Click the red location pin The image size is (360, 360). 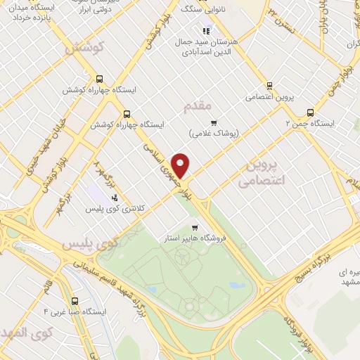coord(181,165)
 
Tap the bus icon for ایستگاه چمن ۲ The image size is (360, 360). coord(310,112)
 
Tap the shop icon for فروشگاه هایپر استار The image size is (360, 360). coord(195,227)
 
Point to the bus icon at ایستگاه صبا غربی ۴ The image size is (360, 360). coord(75,299)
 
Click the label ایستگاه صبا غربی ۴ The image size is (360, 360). coord(75,310)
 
